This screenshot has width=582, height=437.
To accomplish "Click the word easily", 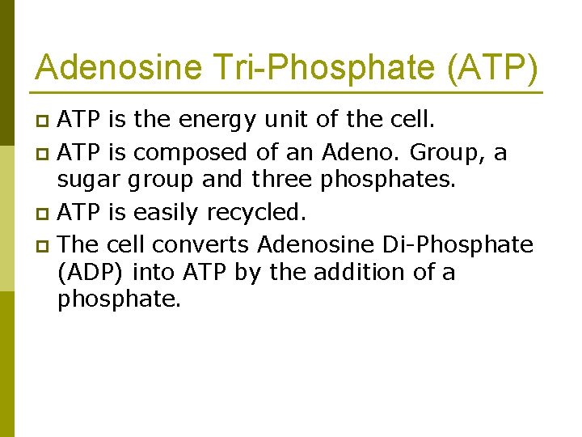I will click(167, 214).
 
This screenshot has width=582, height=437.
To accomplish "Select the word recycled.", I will click(257, 214).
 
